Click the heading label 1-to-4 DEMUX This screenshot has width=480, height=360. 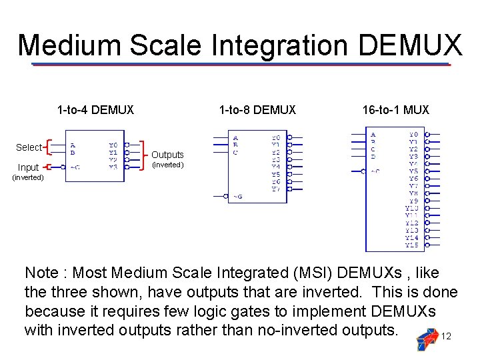(95, 110)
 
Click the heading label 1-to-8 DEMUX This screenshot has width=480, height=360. (257, 110)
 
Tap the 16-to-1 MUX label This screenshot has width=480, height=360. (396, 110)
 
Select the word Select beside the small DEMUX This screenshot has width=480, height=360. (29, 147)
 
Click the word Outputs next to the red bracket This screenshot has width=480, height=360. (167, 155)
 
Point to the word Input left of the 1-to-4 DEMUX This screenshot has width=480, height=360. (28, 167)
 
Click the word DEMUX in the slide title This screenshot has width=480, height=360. (409, 45)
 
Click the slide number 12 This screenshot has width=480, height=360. (447, 336)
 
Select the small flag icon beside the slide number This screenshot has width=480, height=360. (426, 339)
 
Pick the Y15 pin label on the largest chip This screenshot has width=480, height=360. (412, 245)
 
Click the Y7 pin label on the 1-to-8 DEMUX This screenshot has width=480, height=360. (276, 189)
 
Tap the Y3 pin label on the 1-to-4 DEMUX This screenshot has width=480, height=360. (113, 167)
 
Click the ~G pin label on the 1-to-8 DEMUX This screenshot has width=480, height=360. (237, 197)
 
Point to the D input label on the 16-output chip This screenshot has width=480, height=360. (373, 157)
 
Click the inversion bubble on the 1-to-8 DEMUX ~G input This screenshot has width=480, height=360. (225, 196)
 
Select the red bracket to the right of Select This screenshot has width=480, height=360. (47, 147)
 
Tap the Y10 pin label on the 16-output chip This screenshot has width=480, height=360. (412, 208)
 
